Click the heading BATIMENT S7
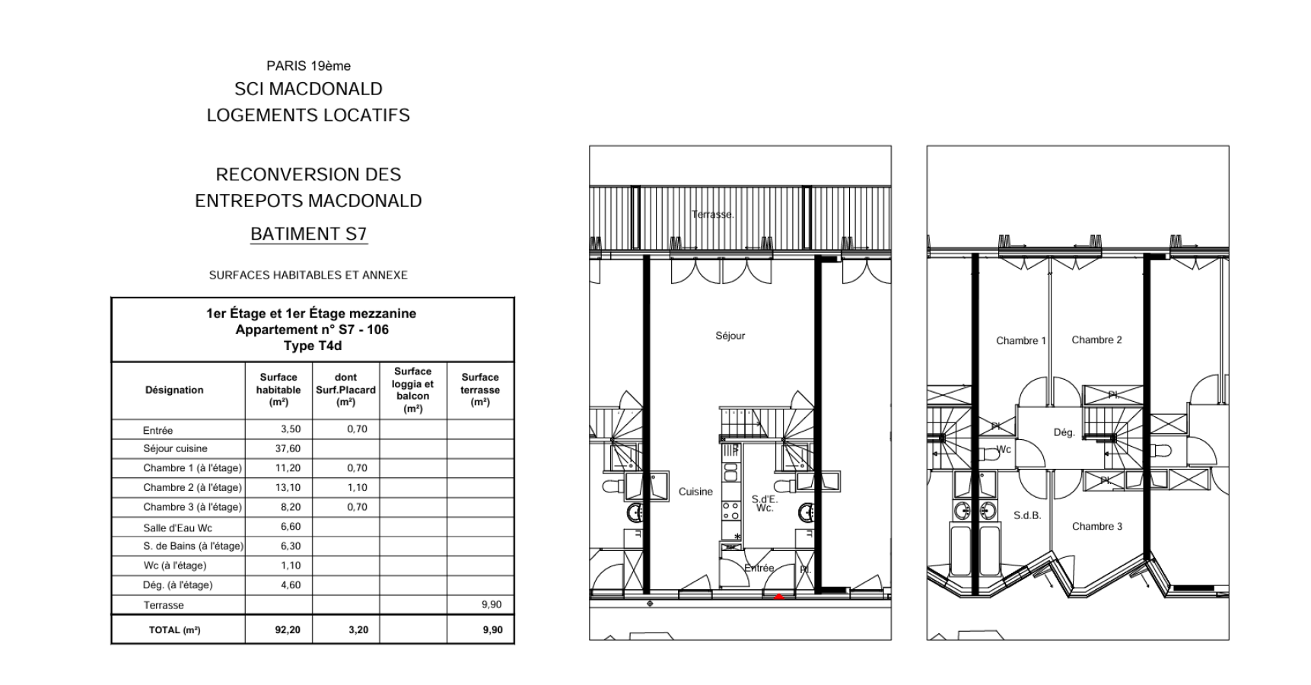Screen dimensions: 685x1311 pyautogui.click(x=308, y=234)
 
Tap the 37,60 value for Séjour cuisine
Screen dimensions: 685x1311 pyautogui.click(x=288, y=449)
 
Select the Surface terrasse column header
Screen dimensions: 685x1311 pyautogui.click(x=480, y=390)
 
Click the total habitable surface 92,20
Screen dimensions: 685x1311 pyautogui.click(x=288, y=630)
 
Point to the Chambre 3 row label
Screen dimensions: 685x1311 pyautogui.click(x=192, y=507)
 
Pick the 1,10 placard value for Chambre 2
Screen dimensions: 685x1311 pyautogui.click(x=357, y=488)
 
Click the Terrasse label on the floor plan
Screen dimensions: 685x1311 pyautogui.click(x=713, y=215)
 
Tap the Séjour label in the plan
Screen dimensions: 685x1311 pyautogui.click(x=730, y=336)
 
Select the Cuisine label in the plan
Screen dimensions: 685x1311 pyautogui.click(x=695, y=492)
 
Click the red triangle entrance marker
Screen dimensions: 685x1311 pyautogui.click(x=778, y=597)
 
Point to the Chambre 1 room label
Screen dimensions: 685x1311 pyautogui.click(x=1021, y=341)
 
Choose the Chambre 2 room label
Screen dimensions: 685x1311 pyautogui.click(x=1096, y=340)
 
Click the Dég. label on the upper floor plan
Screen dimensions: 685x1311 pyautogui.click(x=1064, y=432)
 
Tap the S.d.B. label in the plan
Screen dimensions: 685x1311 pyautogui.click(x=1027, y=515)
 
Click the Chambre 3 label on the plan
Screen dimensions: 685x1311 pyautogui.click(x=1096, y=527)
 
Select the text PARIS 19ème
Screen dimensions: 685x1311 pyautogui.click(x=308, y=66)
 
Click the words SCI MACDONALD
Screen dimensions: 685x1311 pyautogui.click(x=308, y=89)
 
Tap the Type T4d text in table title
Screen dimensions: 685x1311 pyautogui.click(x=313, y=346)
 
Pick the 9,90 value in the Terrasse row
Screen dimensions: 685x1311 pyautogui.click(x=492, y=605)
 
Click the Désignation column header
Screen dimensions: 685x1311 pyautogui.click(x=174, y=390)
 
